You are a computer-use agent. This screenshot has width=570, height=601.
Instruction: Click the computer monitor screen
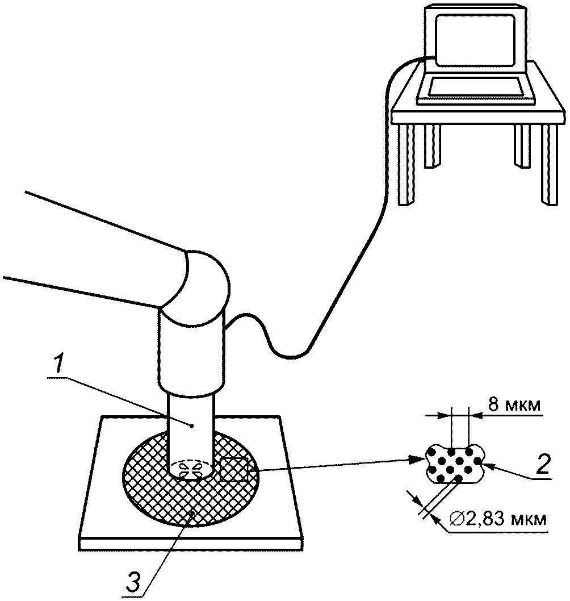tap(475, 39)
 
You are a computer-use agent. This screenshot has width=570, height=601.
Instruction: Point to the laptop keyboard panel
tap(475, 86)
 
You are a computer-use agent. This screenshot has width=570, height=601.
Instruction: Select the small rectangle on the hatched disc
tap(234, 469)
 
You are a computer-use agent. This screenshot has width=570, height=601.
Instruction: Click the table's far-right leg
tap(549, 165)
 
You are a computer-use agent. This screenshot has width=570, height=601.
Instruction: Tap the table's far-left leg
tap(406, 165)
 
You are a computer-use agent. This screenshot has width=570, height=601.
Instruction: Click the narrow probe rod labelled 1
tap(191, 433)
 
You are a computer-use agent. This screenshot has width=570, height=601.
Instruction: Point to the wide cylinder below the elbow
tap(191, 354)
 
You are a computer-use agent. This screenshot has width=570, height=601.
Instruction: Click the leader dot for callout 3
tap(192, 513)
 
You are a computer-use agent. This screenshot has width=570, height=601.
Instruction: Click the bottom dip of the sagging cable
tap(291, 357)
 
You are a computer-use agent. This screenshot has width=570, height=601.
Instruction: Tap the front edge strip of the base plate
tap(191, 544)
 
